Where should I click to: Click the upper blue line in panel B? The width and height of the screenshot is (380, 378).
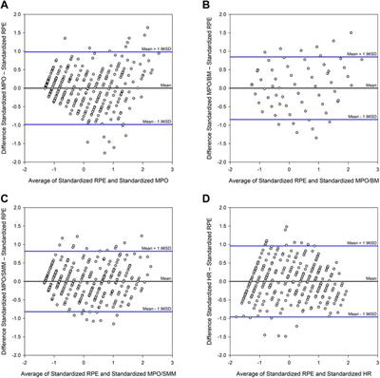(285, 57)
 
